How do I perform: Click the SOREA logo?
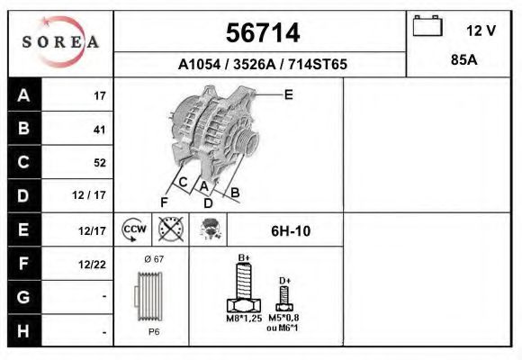coord(60,42)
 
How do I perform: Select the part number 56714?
coord(261,33)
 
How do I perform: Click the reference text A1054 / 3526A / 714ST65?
coord(261,65)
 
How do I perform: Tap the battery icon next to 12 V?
coord(426,28)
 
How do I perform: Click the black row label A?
coord(22,96)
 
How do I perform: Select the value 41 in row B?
coord(99,130)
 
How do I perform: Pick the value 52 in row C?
coord(99,163)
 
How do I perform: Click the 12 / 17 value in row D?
coord(93,195)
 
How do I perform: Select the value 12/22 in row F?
coord(93,264)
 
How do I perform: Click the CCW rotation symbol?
coord(133,230)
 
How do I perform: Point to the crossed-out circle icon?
coord(170,229)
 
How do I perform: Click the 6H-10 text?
coord(290,231)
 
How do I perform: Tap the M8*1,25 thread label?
coord(243,319)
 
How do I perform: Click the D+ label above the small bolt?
coord(284,281)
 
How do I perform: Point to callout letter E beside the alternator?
coord(288,94)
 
